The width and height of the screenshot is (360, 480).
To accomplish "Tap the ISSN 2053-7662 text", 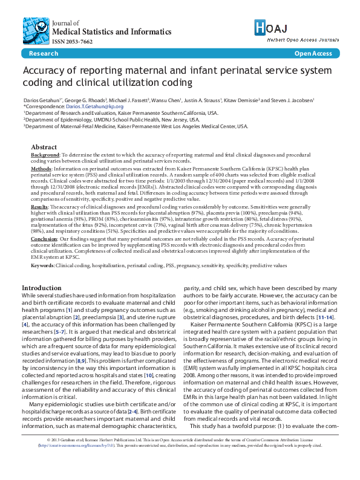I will [73, 42].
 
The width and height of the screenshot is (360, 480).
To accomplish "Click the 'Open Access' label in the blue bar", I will [313, 54].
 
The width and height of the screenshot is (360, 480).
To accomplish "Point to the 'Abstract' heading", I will [44, 147].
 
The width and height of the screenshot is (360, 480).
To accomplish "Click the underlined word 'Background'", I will [46, 155].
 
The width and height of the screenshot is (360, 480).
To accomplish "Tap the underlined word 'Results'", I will [41, 207].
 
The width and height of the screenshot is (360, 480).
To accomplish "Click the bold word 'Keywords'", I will [44, 265].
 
